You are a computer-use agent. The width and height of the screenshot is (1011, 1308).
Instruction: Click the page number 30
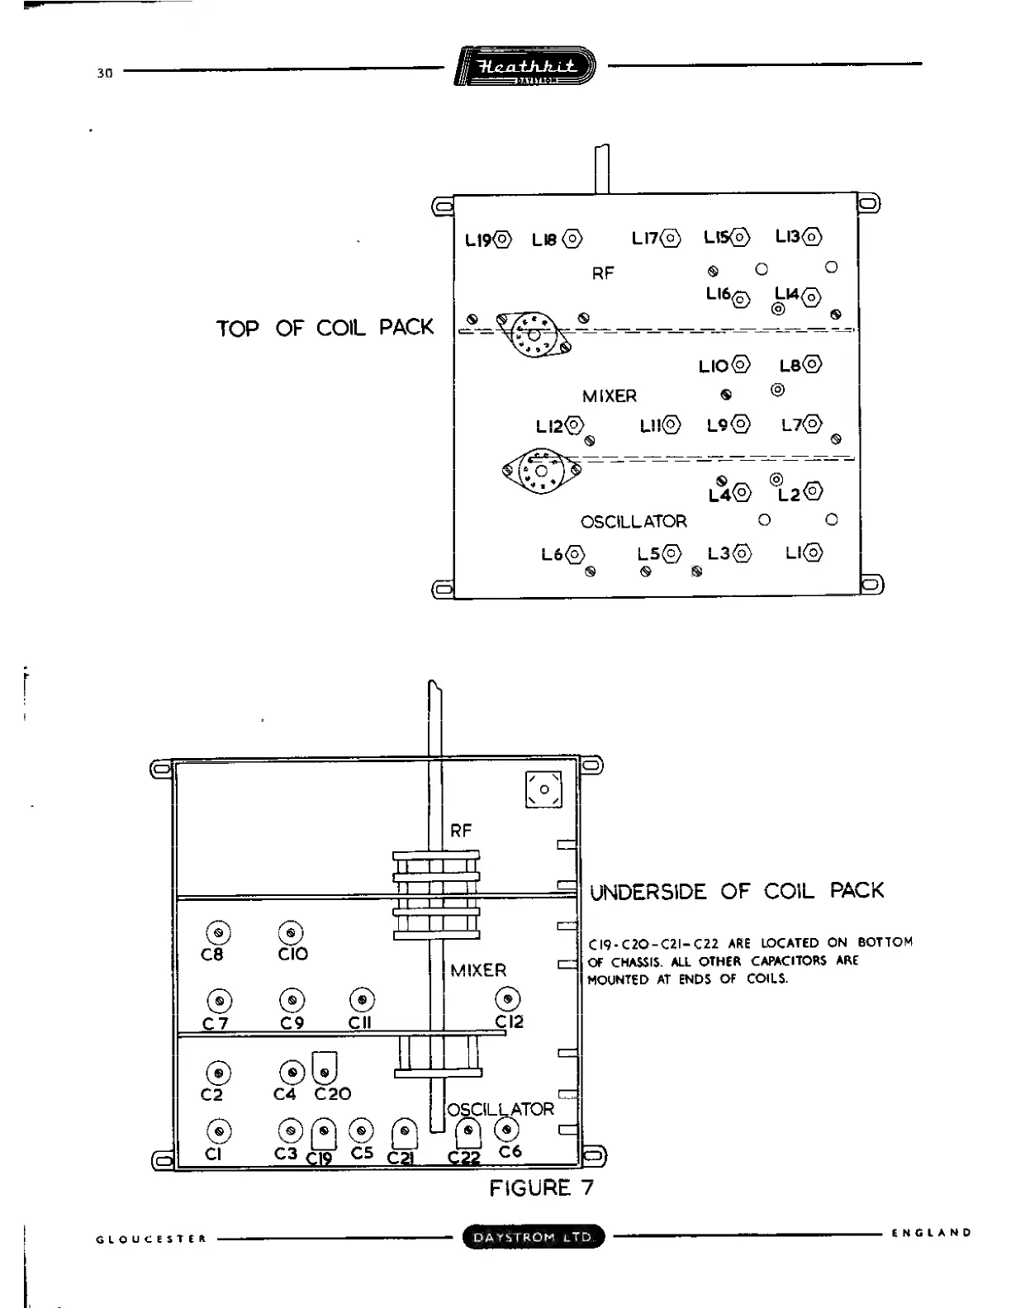[x=104, y=73]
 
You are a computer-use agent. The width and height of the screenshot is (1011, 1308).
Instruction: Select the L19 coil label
[x=478, y=240]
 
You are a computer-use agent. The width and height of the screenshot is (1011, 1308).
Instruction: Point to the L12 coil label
[x=549, y=426]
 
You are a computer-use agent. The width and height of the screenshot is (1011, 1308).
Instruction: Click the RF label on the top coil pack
[x=603, y=273]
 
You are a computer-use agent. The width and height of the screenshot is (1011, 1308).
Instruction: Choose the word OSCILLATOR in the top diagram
[x=634, y=522]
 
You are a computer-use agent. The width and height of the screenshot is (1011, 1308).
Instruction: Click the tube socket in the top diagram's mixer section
[x=541, y=472]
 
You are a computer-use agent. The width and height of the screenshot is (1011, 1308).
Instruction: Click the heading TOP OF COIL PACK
[x=325, y=328]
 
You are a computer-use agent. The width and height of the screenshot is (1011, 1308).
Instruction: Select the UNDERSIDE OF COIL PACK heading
[x=737, y=892]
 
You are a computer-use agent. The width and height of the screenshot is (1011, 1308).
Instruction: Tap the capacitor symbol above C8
[x=218, y=932]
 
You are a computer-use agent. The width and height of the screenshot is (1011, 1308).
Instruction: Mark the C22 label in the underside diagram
[x=464, y=1159]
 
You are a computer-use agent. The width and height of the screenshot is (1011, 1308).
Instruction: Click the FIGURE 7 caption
[x=541, y=1188]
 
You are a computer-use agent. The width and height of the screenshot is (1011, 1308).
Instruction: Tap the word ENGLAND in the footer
[x=931, y=1233]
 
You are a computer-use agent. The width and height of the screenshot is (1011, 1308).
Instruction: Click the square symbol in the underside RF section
[x=543, y=790]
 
